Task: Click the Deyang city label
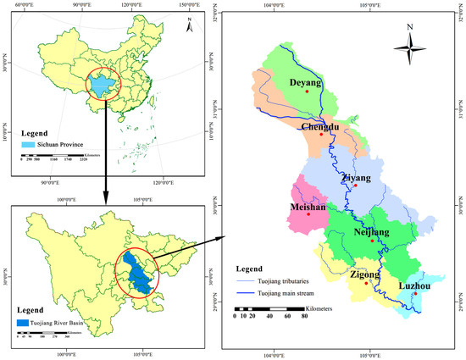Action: (x=306, y=83)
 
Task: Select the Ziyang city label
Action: (x=355, y=178)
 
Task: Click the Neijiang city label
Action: (x=370, y=232)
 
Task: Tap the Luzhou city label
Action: (x=415, y=285)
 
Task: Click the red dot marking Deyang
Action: (x=307, y=91)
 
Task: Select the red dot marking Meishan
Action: (x=309, y=213)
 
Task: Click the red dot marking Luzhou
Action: (x=415, y=294)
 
